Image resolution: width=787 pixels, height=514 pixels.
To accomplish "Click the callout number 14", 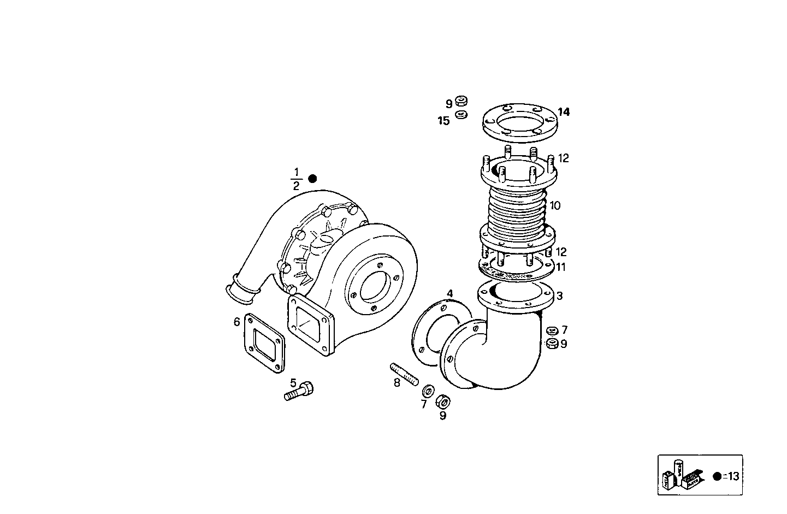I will tap(564, 112).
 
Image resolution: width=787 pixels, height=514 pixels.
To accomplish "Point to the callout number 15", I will tap(443, 121).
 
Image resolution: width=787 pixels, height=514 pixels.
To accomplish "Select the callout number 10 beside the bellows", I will tap(555, 206).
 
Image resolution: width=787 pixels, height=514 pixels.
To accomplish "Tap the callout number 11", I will tap(561, 267).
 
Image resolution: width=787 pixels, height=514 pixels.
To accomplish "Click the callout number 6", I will tap(236, 322).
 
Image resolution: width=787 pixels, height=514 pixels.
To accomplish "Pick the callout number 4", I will tap(449, 294).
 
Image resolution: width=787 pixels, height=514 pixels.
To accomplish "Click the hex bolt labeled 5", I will tap(299, 391).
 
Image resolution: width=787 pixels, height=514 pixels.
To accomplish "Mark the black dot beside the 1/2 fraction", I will tap(312, 179).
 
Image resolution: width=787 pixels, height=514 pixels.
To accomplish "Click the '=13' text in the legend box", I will tap(731, 476).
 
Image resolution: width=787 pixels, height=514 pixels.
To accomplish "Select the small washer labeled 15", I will tap(461, 115).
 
